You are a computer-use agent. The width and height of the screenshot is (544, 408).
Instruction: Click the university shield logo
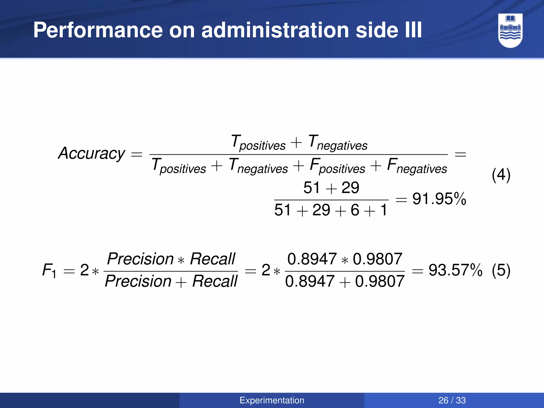[510, 30]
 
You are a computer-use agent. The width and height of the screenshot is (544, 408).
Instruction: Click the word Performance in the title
[98, 30]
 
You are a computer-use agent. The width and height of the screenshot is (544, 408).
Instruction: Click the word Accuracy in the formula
[91, 154]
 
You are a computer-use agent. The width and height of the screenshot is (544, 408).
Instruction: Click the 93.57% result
[455, 270]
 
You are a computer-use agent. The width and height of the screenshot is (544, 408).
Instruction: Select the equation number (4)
[501, 175]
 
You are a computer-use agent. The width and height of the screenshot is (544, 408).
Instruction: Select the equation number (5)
[501, 270]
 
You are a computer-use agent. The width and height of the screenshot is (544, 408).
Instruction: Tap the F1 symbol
[49, 271]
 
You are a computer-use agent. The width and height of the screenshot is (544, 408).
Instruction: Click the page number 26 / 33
[452, 400]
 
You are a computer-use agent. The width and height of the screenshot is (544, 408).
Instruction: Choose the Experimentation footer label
[272, 400]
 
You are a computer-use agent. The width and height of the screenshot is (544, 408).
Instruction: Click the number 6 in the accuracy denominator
[355, 210]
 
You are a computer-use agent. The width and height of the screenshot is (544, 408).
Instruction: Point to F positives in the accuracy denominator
[337, 166]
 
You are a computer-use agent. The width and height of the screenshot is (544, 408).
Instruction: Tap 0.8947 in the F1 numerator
[312, 259]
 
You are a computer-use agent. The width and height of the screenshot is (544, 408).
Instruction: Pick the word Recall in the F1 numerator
[212, 259]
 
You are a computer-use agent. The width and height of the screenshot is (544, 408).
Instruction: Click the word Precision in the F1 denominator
[138, 282]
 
